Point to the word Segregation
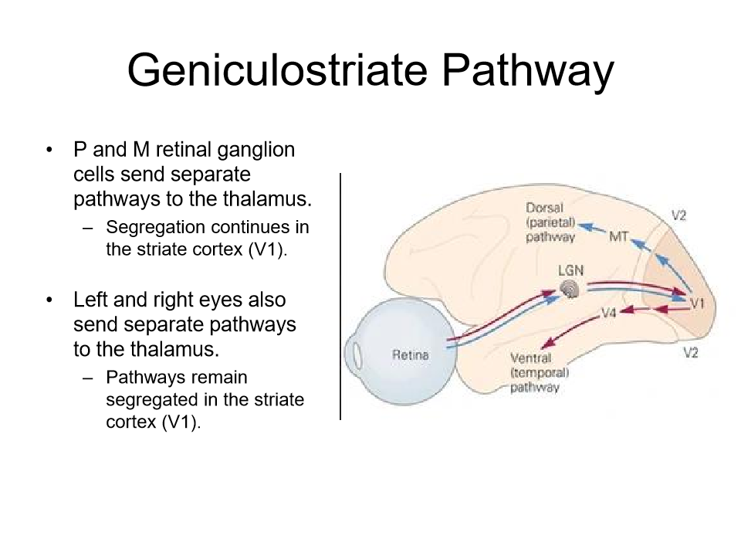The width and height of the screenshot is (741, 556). tap(155, 227)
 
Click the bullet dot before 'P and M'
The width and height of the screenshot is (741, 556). tap(51, 150)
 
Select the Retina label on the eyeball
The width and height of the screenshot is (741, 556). tap(410, 355)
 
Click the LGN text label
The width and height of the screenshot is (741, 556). tap(570, 272)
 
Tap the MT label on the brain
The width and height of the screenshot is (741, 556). tap(619, 236)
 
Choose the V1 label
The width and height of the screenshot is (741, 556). tap(697, 303)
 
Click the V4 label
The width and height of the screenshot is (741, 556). tap(608, 314)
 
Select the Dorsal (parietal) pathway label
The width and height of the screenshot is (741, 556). tap(550, 222)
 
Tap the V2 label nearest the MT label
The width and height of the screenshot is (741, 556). tap(678, 216)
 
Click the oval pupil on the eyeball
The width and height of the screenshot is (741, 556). tap(358, 354)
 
